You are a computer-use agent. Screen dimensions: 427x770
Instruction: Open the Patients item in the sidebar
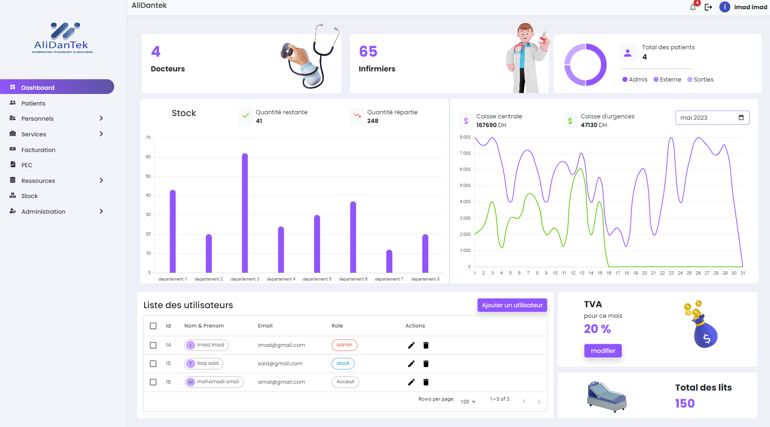33,103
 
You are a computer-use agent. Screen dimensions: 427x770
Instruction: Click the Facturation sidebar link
38,150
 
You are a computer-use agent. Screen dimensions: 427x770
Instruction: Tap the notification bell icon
693,7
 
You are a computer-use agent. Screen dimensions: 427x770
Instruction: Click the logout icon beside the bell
708,7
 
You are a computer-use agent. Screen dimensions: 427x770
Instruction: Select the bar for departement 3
245,213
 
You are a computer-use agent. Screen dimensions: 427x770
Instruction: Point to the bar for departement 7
389,261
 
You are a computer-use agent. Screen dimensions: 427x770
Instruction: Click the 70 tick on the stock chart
148,138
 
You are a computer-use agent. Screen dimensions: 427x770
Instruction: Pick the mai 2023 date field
712,118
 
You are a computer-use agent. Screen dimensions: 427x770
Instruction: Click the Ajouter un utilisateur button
512,305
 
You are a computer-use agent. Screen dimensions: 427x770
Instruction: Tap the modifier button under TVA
603,351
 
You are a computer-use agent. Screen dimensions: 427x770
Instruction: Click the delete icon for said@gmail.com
426,364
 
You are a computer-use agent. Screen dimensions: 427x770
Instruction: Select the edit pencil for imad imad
411,345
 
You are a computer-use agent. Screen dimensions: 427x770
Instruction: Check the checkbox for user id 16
153,382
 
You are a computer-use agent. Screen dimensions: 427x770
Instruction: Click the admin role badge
344,345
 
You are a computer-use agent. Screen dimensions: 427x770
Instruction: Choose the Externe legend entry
667,80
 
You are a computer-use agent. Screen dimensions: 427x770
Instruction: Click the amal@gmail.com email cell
281,382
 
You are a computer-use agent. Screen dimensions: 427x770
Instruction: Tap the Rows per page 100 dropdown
468,402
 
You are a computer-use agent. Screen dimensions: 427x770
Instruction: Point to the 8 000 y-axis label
465,137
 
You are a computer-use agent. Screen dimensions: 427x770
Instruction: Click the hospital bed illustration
607,396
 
